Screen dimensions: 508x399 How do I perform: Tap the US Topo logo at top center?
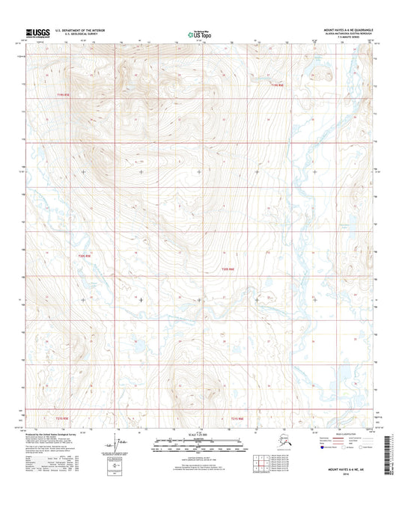198,33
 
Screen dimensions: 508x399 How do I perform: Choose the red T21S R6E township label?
238,419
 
